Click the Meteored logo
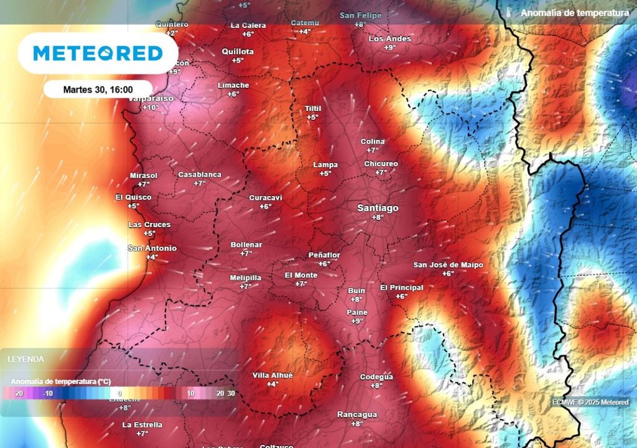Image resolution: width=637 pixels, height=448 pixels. tap(98, 54)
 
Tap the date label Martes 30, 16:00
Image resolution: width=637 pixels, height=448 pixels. tap(98, 90)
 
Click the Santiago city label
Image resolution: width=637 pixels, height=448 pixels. tap(378, 208)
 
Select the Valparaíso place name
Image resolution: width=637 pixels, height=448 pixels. tap(151, 98)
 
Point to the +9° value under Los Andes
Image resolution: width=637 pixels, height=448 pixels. tap(390, 47)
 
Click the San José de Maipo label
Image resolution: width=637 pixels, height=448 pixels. tap(448, 265)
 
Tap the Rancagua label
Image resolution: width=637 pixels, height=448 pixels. tap(356, 414)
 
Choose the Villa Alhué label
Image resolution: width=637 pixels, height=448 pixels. tap(272, 375)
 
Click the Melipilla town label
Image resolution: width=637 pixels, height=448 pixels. tap(245, 278)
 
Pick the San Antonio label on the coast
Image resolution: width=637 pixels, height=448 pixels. tap(152, 248)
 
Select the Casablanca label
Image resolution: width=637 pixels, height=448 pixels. tap(200, 175)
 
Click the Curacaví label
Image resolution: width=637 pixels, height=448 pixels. tap(266, 198)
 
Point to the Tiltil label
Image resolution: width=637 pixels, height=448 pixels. tap(312, 108)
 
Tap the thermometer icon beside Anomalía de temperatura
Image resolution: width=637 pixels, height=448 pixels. tap(508, 12)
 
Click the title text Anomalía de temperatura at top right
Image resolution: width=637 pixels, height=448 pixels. tap(574, 12)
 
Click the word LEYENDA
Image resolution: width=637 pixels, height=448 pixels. tap(26, 359)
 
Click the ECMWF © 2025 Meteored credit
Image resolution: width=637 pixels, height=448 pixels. tap(590, 402)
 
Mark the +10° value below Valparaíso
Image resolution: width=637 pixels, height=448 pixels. tap(151, 108)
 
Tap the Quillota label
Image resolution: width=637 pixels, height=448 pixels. tap(238, 52)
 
